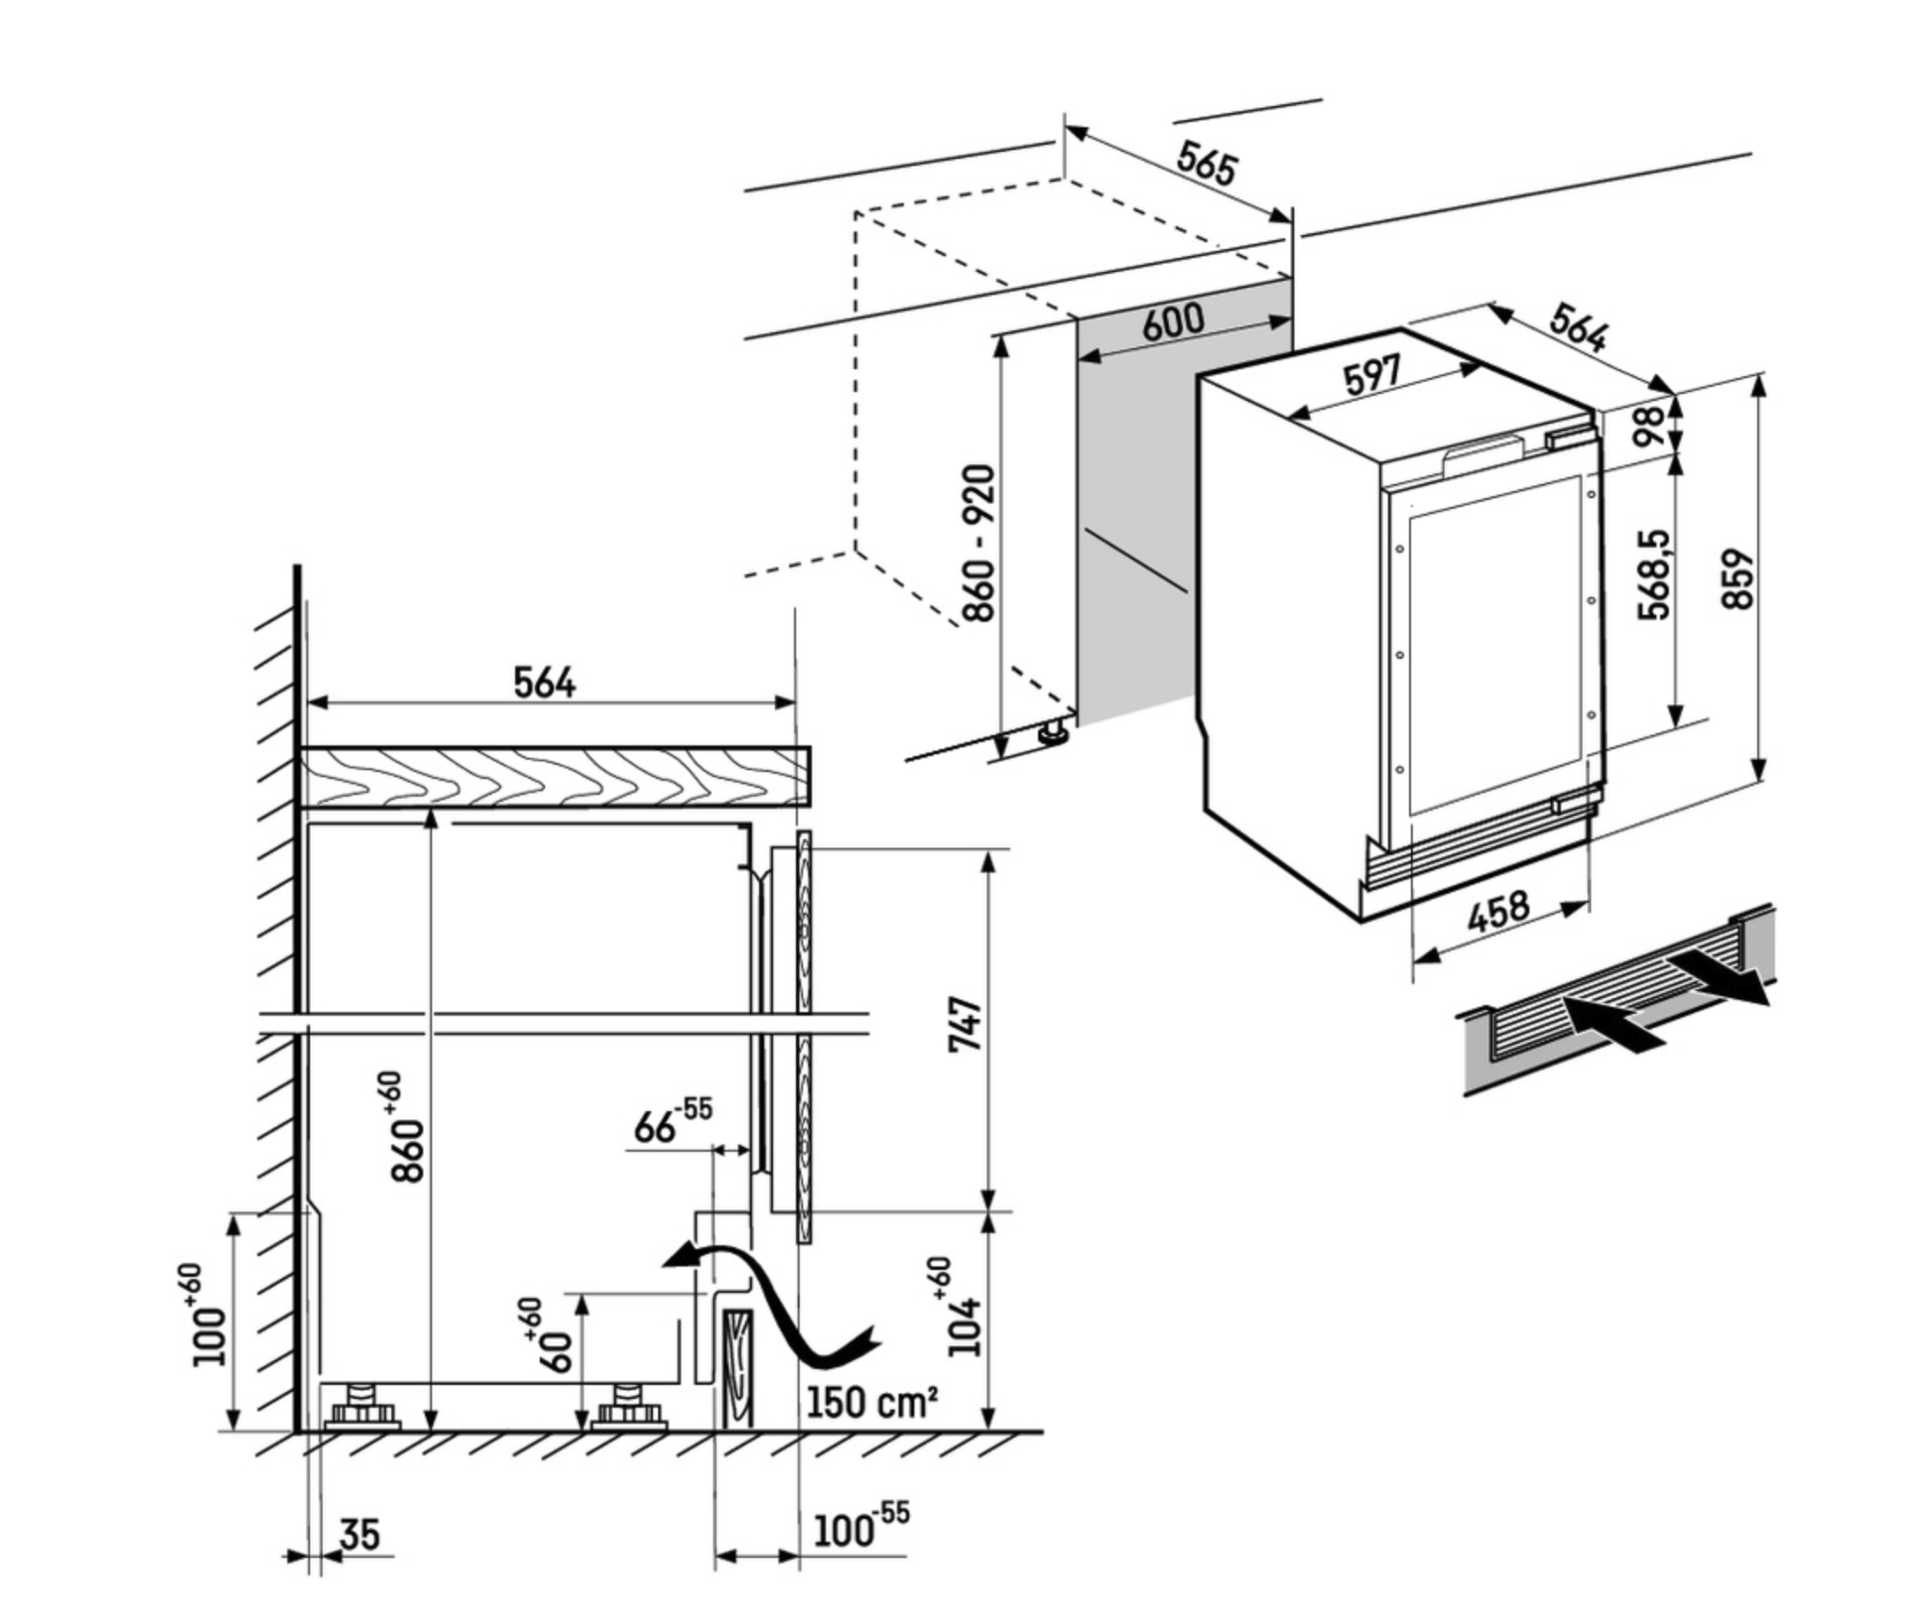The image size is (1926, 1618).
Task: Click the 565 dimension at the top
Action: (x=1207, y=164)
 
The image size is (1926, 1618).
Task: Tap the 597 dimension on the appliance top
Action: (x=1372, y=375)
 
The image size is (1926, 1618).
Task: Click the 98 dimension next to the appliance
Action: (x=1649, y=426)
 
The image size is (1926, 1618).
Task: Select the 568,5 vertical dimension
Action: (x=1655, y=574)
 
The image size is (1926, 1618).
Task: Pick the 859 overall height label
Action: (x=1737, y=578)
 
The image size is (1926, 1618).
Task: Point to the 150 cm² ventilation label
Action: (x=871, y=1402)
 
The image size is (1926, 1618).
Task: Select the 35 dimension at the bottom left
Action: (x=359, y=1533)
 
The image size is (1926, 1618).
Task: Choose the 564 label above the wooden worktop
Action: (x=544, y=683)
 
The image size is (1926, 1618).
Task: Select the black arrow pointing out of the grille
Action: (x=1717, y=979)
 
